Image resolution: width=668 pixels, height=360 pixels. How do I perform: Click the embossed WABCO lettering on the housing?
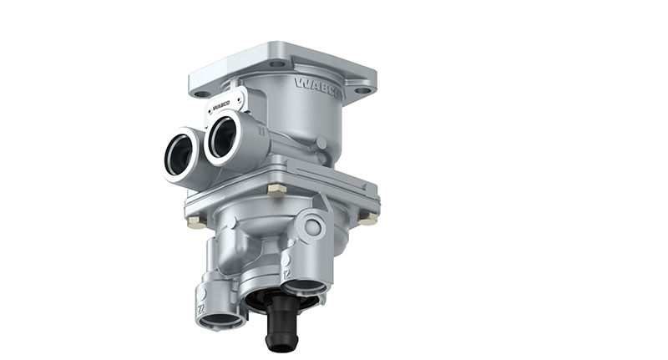317,87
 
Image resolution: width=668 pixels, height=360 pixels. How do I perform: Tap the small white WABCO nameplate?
222,104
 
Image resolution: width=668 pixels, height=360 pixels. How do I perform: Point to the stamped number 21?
261,131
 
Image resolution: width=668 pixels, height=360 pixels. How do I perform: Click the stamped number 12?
286,272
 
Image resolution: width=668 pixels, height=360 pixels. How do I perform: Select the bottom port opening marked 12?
303,286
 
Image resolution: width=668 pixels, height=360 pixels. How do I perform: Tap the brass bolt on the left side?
195,221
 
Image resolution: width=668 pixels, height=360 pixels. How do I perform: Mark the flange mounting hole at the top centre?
277,63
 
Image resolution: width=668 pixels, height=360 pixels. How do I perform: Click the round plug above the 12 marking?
312,226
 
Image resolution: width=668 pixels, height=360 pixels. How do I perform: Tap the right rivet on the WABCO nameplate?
241,100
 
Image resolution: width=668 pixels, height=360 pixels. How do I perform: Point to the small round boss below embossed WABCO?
321,143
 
